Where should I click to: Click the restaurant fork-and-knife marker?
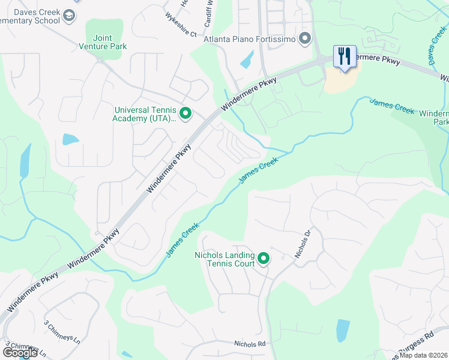(345, 56)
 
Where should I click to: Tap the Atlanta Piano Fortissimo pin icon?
(305, 40)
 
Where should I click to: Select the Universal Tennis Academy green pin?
(185, 113)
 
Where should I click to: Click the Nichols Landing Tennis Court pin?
(263, 259)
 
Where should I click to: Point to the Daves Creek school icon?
(70, 15)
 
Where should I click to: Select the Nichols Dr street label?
(303, 244)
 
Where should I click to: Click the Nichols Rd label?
(250, 344)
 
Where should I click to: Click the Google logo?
(20, 353)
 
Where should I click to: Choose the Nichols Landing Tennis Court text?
(224, 259)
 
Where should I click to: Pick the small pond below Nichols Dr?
(343, 330)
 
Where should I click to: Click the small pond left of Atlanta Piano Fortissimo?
(247, 59)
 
